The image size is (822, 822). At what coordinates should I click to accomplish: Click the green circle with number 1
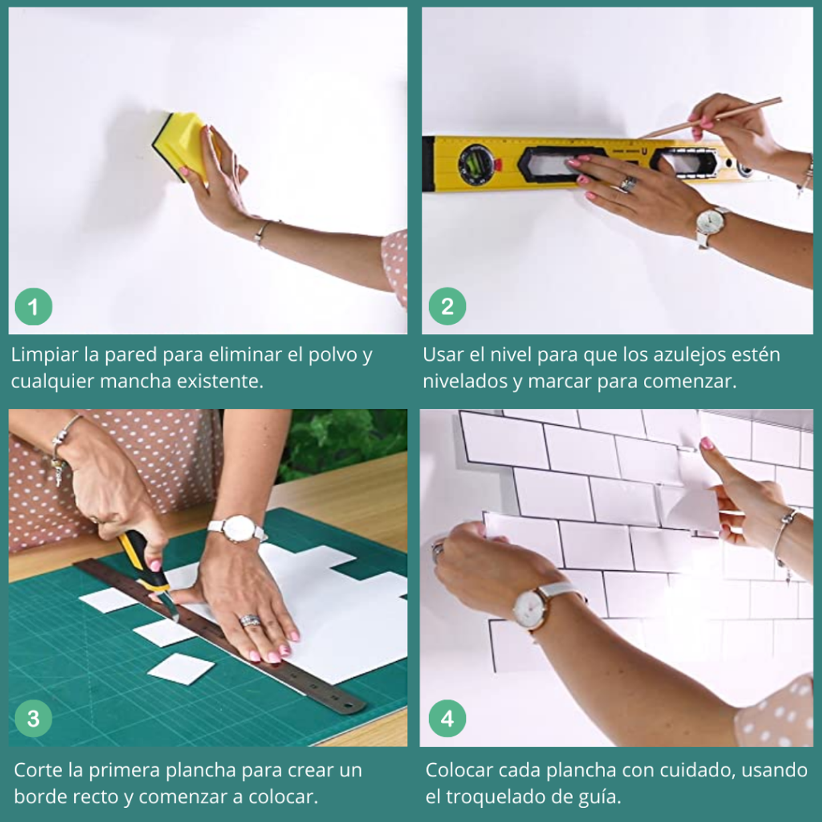[33, 307]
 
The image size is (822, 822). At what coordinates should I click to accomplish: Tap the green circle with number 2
[447, 307]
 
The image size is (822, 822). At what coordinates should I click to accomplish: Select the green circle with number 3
[33, 719]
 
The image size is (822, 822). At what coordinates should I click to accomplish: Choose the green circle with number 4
[447, 719]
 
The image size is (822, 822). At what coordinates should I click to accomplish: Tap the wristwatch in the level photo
[710, 223]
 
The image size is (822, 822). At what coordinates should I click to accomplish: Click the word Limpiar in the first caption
[45, 355]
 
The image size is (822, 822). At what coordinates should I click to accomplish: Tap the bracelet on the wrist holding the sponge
[262, 232]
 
